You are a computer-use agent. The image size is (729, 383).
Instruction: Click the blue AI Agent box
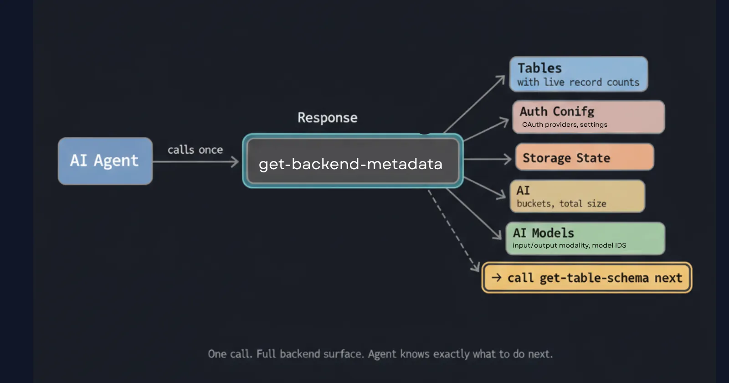point(105,161)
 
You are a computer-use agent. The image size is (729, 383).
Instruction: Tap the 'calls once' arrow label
point(195,150)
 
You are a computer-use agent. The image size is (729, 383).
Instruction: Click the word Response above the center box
point(327,118)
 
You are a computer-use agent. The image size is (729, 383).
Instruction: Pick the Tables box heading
point(539,68)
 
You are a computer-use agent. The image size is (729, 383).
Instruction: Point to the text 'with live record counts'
point(578,83)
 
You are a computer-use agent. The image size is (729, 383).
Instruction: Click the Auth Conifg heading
point(557,111)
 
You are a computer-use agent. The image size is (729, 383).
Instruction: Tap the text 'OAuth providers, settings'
point(565,124)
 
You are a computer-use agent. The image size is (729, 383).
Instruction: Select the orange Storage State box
point(584,157)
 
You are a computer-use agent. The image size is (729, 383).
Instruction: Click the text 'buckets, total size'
point(561,204)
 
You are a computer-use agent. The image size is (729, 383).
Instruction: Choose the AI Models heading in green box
point(543,233)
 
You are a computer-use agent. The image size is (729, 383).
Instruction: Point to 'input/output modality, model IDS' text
point(569,245)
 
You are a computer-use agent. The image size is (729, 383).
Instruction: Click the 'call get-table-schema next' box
point(587,278)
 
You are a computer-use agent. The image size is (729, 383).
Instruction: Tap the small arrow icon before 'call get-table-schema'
point(497,277)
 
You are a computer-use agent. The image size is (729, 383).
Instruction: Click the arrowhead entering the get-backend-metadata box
point(235,161)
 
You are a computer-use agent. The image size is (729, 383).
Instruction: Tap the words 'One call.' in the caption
point(230,354)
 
